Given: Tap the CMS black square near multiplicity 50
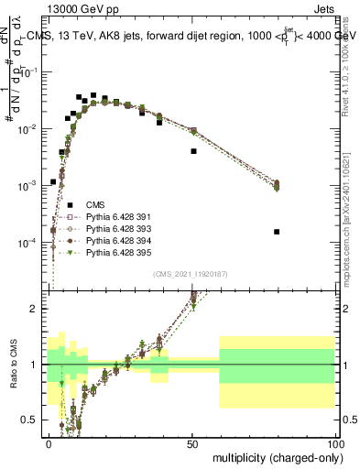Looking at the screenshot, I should pyautogui.click(x=193, y=151).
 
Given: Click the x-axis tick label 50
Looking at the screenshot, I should pyautogui.click(x=193, y=443).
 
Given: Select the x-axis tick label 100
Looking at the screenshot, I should pyautogui.click(x=336, y=443).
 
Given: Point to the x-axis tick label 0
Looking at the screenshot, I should pyautogui.click(x=49, y=443).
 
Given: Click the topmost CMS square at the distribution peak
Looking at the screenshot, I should pyautogui.click(x=93, y=94).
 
